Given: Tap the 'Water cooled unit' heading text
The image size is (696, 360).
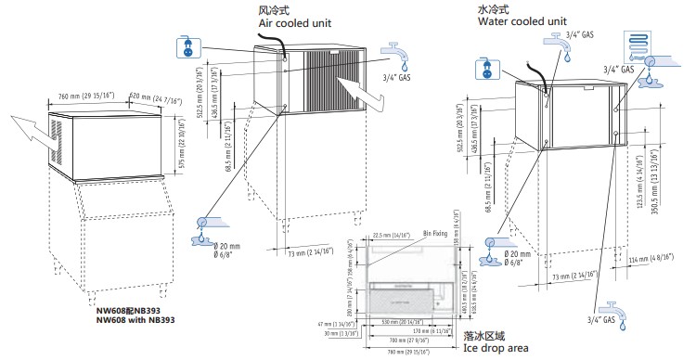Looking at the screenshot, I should [x=522, y=19].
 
